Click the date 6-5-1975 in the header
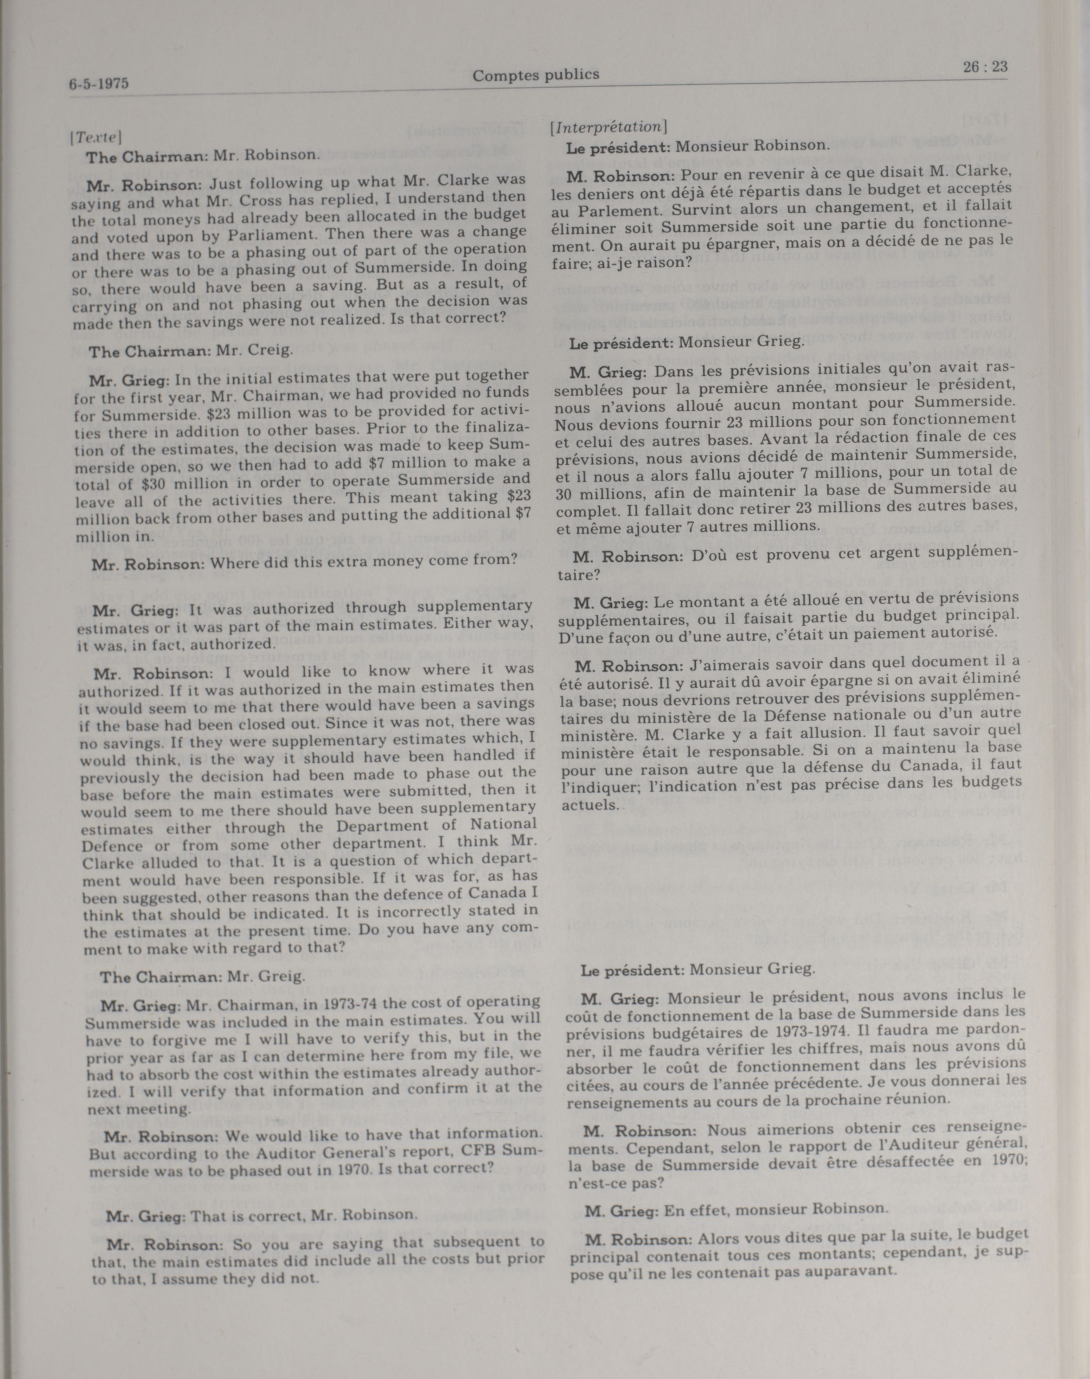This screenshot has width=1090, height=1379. click(x=99, y=84)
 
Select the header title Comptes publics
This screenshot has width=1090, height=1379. click(x=535, y=75)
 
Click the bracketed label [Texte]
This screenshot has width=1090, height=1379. click(x=96, y=136)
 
